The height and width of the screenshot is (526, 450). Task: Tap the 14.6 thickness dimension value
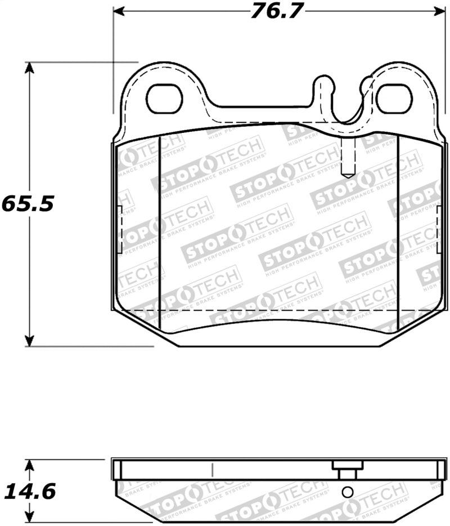[29, 492]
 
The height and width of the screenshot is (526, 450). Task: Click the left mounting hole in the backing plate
[165, 99]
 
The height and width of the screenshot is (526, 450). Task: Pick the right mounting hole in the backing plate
[394, 99]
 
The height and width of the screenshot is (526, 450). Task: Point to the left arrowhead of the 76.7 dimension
[119, 11]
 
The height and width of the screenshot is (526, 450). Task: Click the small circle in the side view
[347, 491]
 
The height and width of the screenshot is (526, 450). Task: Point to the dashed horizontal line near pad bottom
[270, 310]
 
